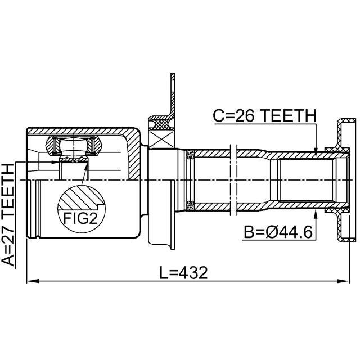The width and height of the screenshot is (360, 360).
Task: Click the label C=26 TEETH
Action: [x=265, y=116]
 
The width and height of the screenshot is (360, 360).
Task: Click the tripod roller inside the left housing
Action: [x=73, y=147]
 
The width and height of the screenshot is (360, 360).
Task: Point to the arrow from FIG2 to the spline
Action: [x=84, y=174]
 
